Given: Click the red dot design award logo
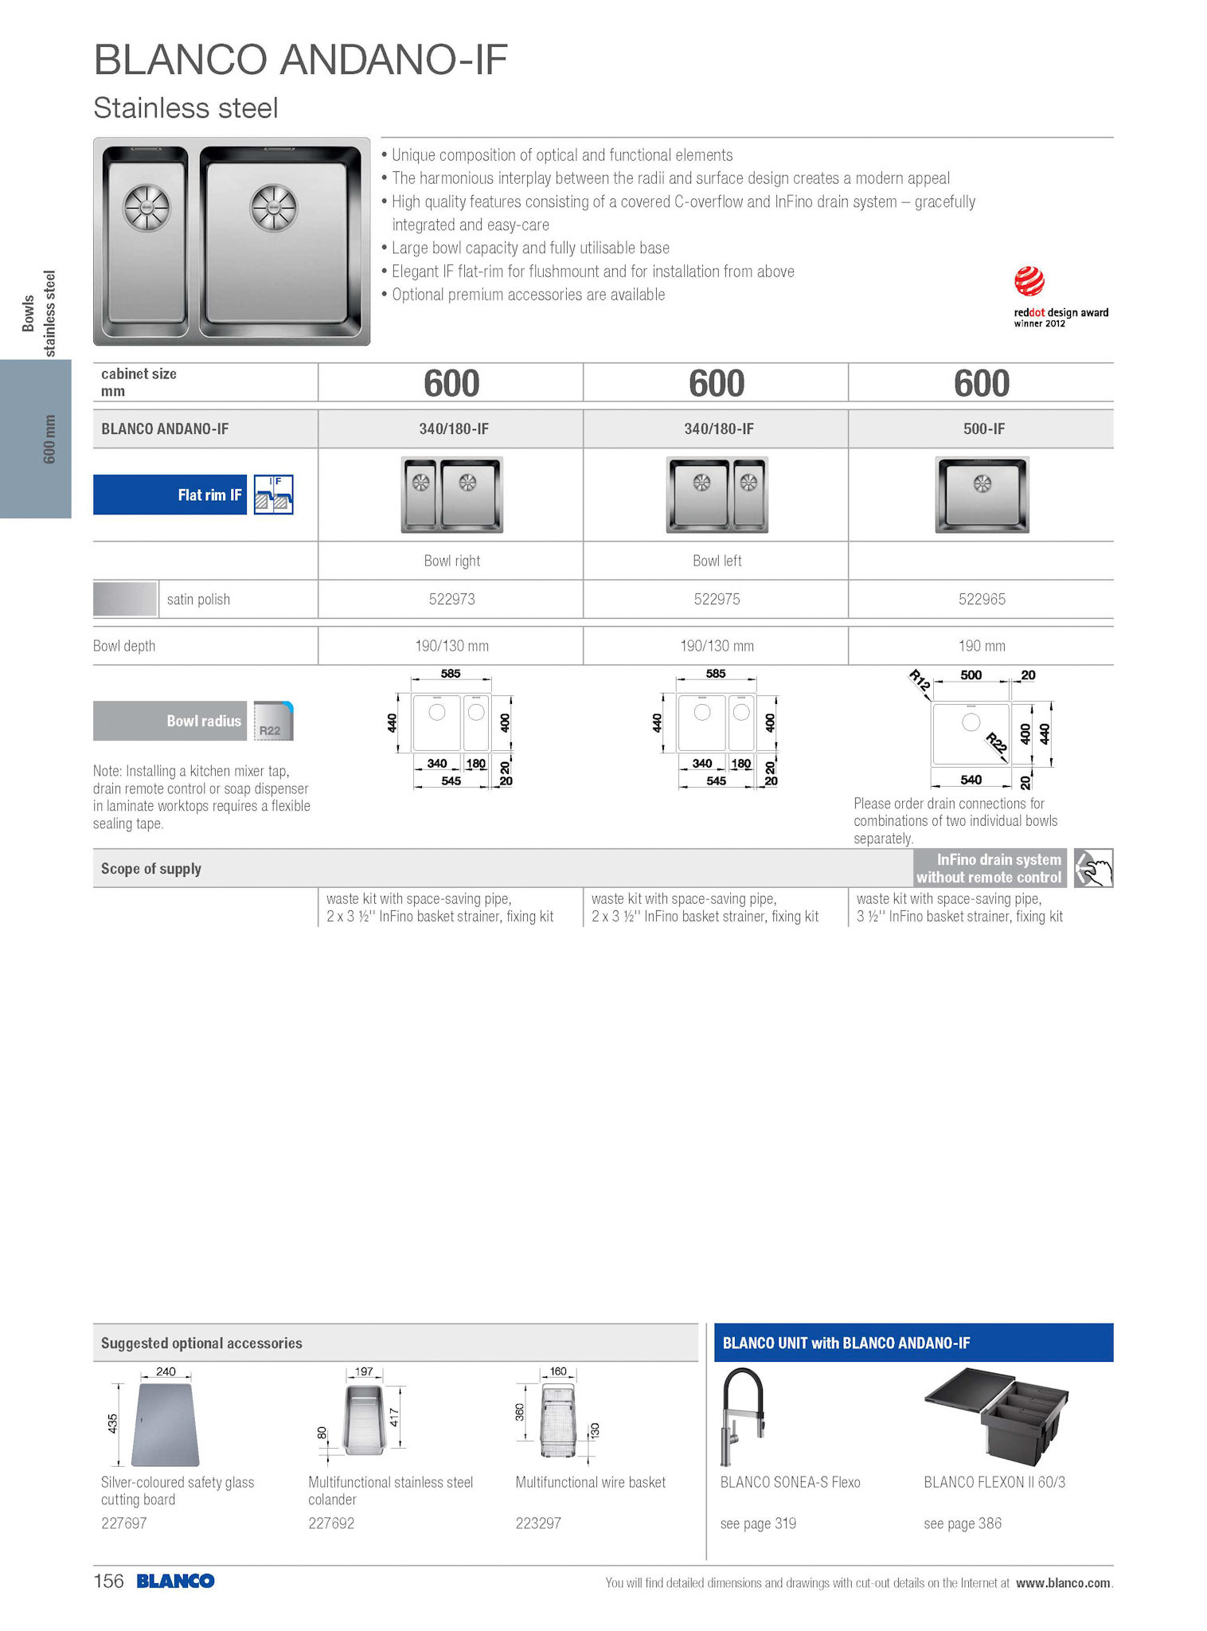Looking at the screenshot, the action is click(x=1029, y=281).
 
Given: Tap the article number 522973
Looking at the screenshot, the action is click(x=451, y=599).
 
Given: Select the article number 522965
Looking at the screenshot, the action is click(x=982, y=599).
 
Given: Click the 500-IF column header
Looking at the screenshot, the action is click(x=983, y=428).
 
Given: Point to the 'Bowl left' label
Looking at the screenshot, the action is click(x=717, y=561).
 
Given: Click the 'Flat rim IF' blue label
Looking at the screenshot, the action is click(x=170, y=495).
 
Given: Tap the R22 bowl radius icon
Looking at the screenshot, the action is click(x=273, y=722).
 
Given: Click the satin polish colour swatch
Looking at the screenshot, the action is click(x=125, y=599).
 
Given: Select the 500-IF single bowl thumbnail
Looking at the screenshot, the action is click(x=982, y=495).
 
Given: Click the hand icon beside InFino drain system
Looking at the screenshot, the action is click(x=1093, y=868).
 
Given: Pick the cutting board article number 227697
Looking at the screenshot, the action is click(x=124, y=1523).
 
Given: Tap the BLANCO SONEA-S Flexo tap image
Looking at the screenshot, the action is click(x=742, y=1416).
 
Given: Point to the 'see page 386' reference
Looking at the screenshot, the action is click(x=962, y=1523).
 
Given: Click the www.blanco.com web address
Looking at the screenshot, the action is click(x=1062, y=1582).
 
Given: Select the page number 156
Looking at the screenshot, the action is click(x=108, y=1581).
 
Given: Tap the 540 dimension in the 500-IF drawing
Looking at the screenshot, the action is click(x=971, y=780).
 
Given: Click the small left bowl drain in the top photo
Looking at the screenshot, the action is click(x=146, y=207).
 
